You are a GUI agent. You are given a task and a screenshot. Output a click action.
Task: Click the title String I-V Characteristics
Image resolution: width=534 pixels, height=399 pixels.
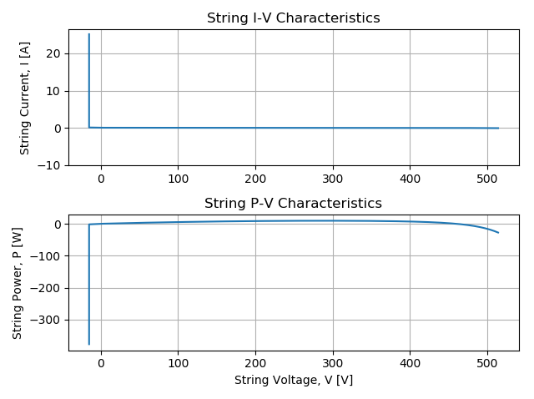(293, 18)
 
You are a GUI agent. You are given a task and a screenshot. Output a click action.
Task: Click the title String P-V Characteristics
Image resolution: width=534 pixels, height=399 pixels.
(293, 204)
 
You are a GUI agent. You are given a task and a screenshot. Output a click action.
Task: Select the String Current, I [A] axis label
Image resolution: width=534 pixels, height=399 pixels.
(24, 98)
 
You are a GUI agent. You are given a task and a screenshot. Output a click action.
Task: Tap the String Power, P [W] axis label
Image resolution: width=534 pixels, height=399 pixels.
(17, 283)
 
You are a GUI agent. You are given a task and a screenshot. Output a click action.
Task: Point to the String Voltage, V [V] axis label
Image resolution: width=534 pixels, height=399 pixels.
(294, 380)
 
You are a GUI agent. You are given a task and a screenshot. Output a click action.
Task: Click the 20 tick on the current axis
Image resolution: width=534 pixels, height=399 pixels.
(53, 53)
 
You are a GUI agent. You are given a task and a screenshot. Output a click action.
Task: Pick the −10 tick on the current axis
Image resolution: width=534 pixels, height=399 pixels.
(48, 165)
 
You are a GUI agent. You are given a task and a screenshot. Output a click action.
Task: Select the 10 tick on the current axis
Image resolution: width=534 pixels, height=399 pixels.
(53, 91)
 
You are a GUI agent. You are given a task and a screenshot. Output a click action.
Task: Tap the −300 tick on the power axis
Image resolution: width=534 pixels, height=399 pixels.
(45, 321)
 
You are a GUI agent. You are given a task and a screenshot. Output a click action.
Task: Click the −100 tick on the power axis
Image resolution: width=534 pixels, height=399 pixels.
(45, 256)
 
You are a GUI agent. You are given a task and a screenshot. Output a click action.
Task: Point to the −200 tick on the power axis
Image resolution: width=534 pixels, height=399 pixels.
(45, 288)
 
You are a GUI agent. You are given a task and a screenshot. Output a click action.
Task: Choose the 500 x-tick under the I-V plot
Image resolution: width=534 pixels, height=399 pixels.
(487, 179)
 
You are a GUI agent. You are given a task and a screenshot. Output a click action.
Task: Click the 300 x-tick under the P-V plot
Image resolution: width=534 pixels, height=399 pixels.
(333, 364)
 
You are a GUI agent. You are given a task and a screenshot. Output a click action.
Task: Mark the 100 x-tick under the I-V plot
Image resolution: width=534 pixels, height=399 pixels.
(178, 179)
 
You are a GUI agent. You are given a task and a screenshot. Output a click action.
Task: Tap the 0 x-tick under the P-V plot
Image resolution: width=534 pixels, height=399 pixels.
(101, 364)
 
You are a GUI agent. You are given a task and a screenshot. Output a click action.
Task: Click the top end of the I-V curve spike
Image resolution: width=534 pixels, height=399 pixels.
(89, 33)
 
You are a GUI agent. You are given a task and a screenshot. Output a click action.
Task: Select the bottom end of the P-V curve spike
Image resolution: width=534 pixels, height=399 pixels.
(89, 345)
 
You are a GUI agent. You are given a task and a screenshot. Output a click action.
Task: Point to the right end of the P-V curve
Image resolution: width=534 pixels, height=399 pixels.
(499, 233)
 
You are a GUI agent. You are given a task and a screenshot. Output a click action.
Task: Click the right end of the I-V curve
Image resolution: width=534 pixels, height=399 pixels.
(499, 128)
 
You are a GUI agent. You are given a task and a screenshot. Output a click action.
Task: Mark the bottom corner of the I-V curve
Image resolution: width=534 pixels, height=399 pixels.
(89, 128)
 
